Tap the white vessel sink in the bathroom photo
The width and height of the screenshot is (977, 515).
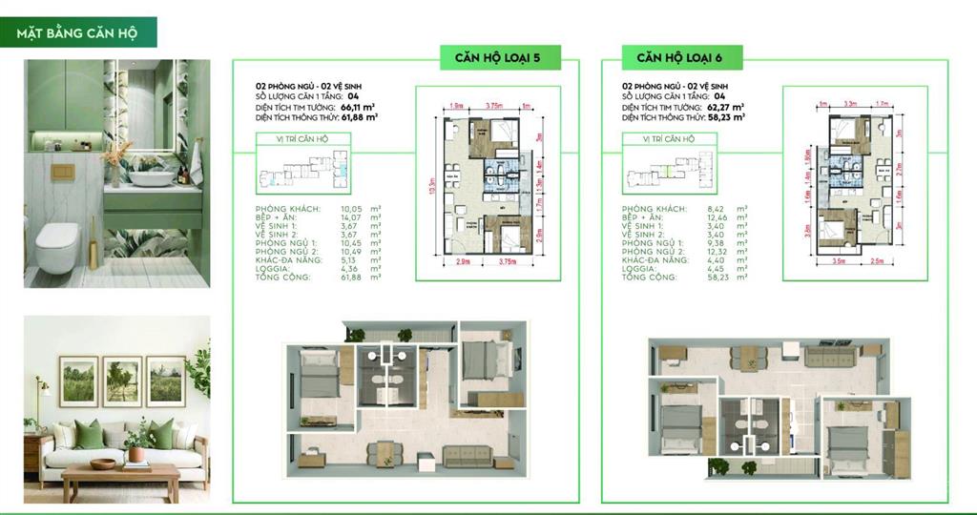153,176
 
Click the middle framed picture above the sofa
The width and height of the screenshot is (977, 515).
122,381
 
